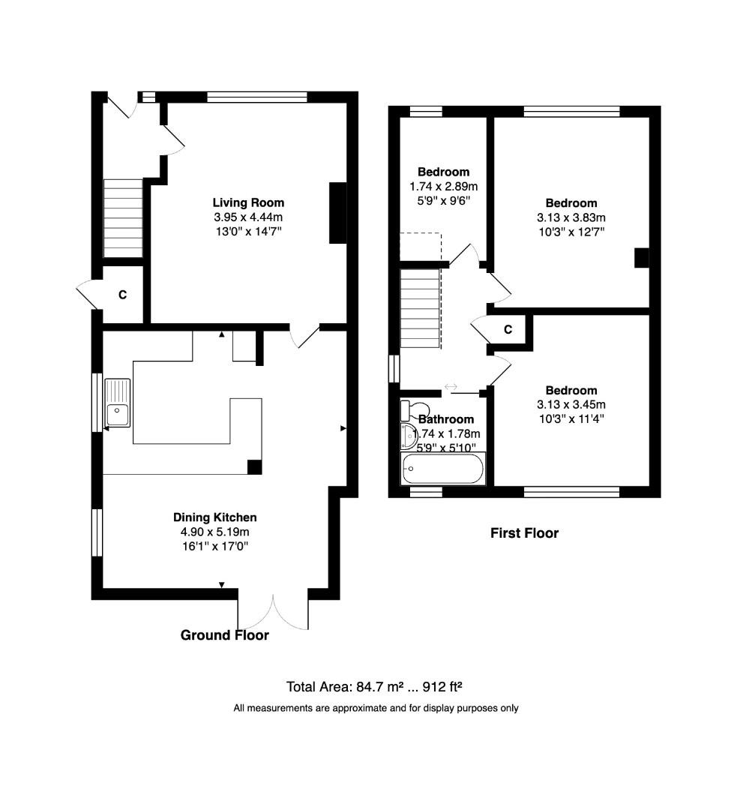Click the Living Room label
coord(248,202)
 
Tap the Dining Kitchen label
coord(215,517)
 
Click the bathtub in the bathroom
coord(442,469)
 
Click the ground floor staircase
coord(122,218)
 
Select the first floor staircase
coord(420,308)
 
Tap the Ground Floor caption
coord(224,635)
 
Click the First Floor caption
coord(524,533)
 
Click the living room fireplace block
coord(338,213)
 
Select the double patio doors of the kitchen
coord(273,611)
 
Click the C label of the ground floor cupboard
coord(122,295)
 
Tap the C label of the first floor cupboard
coord(508,329)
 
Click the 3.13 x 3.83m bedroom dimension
coord(571,217)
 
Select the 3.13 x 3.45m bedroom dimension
coord(571,405)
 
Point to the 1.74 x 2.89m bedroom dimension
coord(444,186)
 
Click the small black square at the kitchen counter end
coord(255,466)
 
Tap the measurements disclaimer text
coord(376,708)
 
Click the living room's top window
coord(257,97)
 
